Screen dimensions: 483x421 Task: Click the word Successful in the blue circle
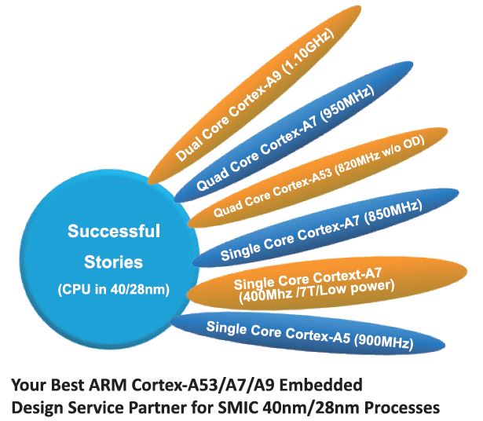[114, 231]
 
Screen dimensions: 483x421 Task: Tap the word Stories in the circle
[113, 262]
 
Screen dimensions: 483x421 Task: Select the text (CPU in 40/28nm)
[114, 290]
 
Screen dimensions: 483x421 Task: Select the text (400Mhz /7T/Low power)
[317, 291]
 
